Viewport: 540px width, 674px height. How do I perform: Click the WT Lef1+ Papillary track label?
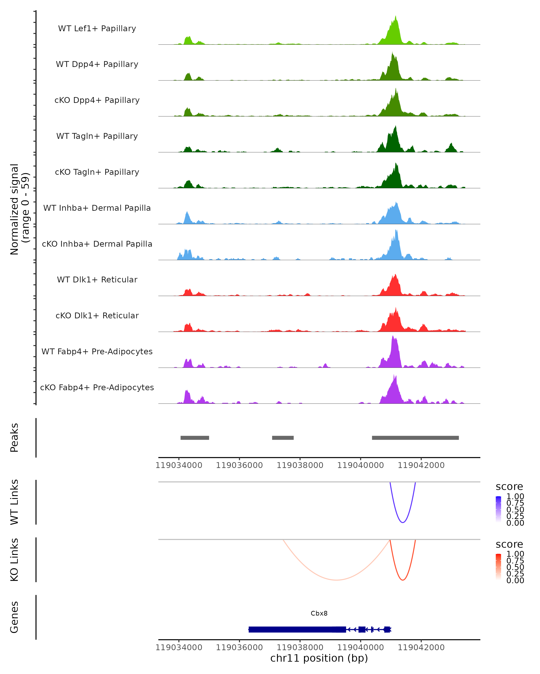97,29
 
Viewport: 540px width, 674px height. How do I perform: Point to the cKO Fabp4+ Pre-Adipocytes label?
97,387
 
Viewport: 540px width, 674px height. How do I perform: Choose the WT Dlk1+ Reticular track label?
97,279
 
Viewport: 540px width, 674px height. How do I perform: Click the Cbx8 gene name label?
319,613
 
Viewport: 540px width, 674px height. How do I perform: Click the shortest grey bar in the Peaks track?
283,438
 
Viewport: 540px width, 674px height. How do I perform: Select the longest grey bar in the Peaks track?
415,438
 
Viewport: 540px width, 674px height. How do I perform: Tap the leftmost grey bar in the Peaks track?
195,438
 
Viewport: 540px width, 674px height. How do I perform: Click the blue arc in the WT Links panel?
403,522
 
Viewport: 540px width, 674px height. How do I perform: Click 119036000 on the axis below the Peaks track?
239,465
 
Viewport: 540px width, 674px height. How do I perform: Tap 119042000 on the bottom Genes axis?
421,647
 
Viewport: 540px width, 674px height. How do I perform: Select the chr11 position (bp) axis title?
319,658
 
